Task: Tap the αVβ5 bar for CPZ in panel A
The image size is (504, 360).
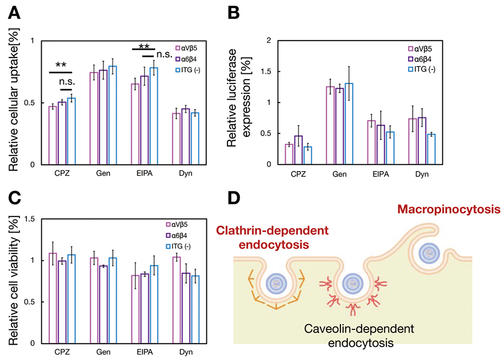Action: pos(53,135)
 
